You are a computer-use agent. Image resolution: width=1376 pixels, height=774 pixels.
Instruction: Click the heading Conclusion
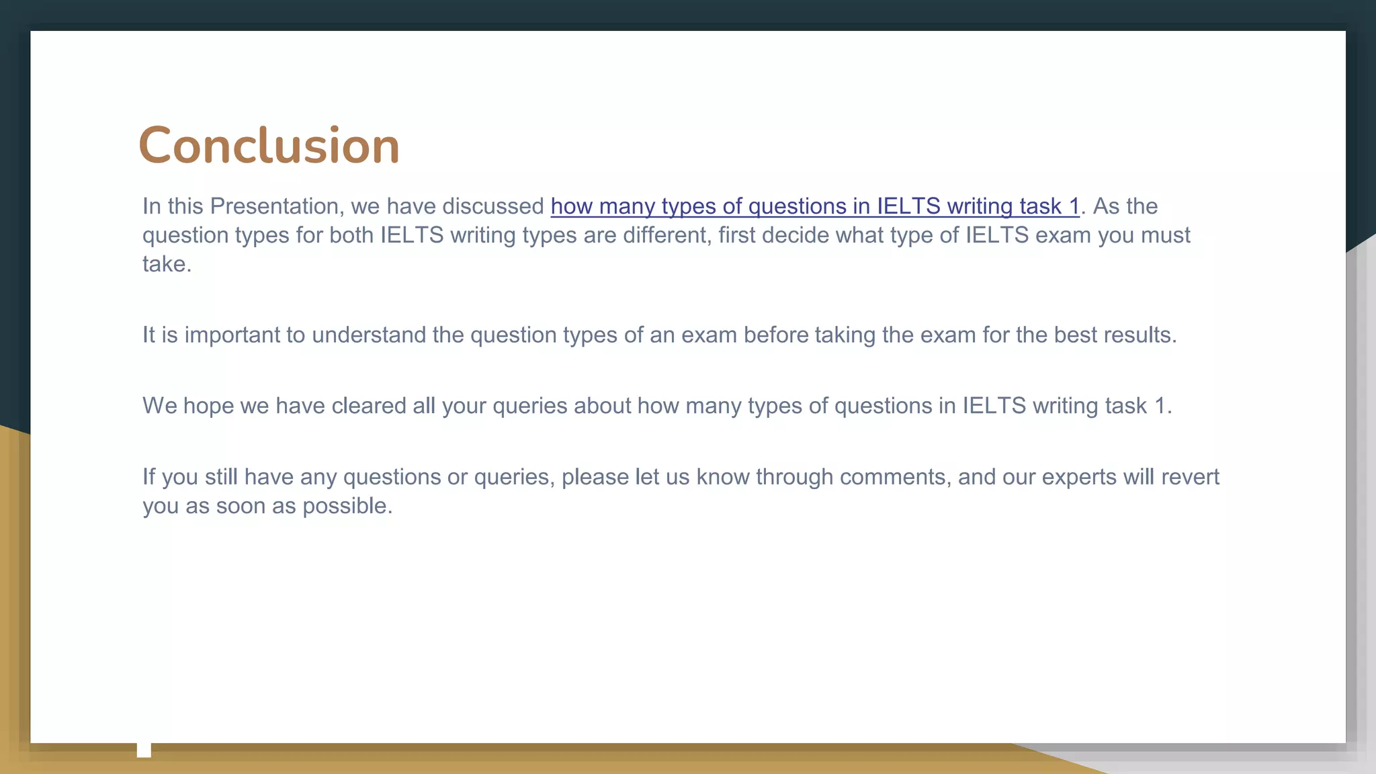(x=269, y=145)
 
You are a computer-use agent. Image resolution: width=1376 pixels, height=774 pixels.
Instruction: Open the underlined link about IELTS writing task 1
(x=814, y=206)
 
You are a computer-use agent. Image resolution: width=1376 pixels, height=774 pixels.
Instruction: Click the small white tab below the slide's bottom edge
(x=144, y=750)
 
